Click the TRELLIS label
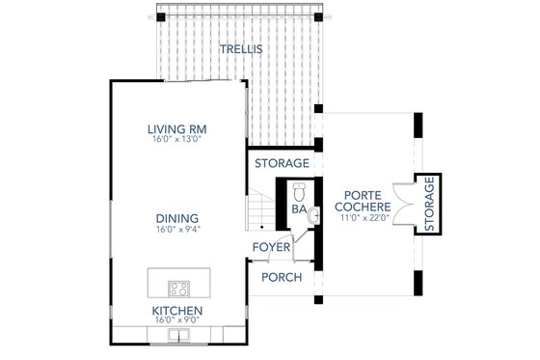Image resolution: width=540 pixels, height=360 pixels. pos(240,48)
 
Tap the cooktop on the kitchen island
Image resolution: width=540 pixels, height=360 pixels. pos(178,287)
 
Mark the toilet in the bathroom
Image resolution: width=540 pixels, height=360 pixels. pos(299,189)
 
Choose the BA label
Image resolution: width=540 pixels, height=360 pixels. pos(298,208)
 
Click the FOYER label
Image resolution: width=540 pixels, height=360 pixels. pos(272,247)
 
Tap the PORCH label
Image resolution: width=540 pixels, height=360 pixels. pos(283,278)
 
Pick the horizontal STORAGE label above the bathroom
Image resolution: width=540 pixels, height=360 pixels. pos(283,162)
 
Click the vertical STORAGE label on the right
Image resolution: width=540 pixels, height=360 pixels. pos(430,205)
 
